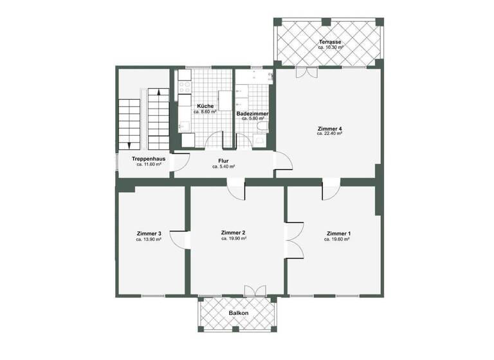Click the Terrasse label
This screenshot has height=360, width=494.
[x=329, y=42]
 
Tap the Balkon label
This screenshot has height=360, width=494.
[x=237, y=313]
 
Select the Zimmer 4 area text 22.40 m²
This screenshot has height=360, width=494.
[x=329, y=134]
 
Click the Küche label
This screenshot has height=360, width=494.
[x=205, y=105]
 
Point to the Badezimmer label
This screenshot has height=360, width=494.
[x=252, y=113]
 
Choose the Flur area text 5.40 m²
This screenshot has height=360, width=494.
[x=223, y=166]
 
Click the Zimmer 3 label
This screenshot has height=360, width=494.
[x=149, y=233]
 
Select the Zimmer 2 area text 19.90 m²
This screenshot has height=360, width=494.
[x=234, y=239]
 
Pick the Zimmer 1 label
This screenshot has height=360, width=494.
[x=338, y=233]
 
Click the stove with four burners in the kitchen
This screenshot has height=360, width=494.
[x=183, y=87]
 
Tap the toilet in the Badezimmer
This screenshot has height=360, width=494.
[x=262, y=127]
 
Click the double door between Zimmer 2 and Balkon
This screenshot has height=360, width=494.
[x=254, y=291]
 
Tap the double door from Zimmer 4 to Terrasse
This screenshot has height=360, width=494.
[x=306, y=72]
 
